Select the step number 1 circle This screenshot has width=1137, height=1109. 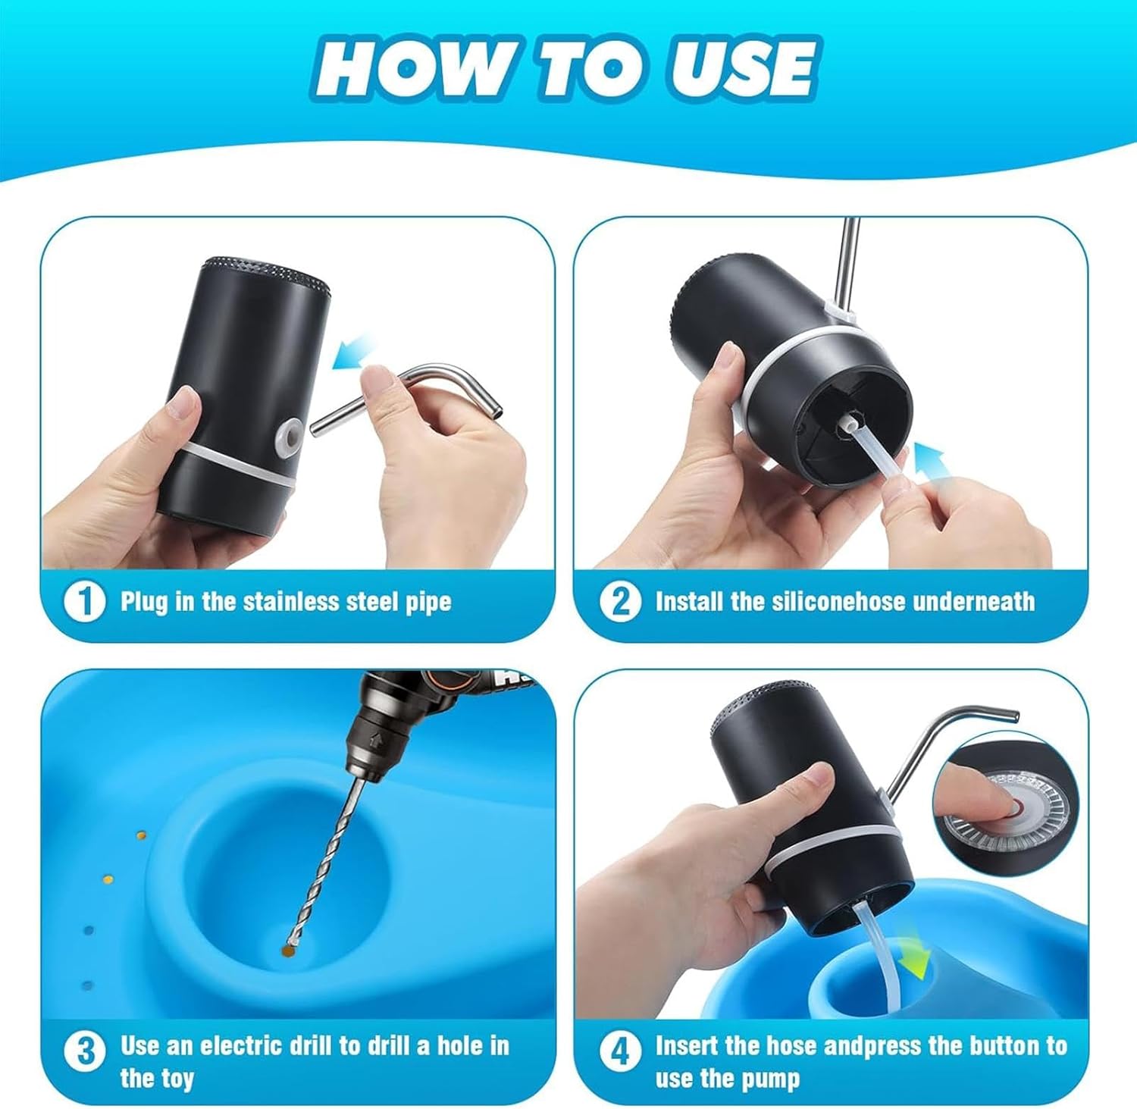click(x=83, y=602)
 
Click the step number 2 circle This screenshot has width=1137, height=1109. click(x=620, y=602)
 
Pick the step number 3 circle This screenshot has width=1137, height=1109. click(x=85, y=1051)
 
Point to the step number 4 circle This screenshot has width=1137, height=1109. click(x=620, y=1051)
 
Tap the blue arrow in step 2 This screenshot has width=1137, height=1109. click(x=929, y=462)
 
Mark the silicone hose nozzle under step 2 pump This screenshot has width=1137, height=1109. click(x=844, y=432)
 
